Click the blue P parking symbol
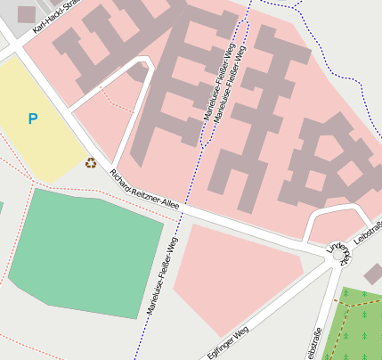point(33,119)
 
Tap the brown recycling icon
point(91,162)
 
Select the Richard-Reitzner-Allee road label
point(143,189)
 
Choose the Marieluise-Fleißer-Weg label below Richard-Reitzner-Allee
point(161,276)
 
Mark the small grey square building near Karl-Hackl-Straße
point(27,14)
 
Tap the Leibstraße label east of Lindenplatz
point(368,231)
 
